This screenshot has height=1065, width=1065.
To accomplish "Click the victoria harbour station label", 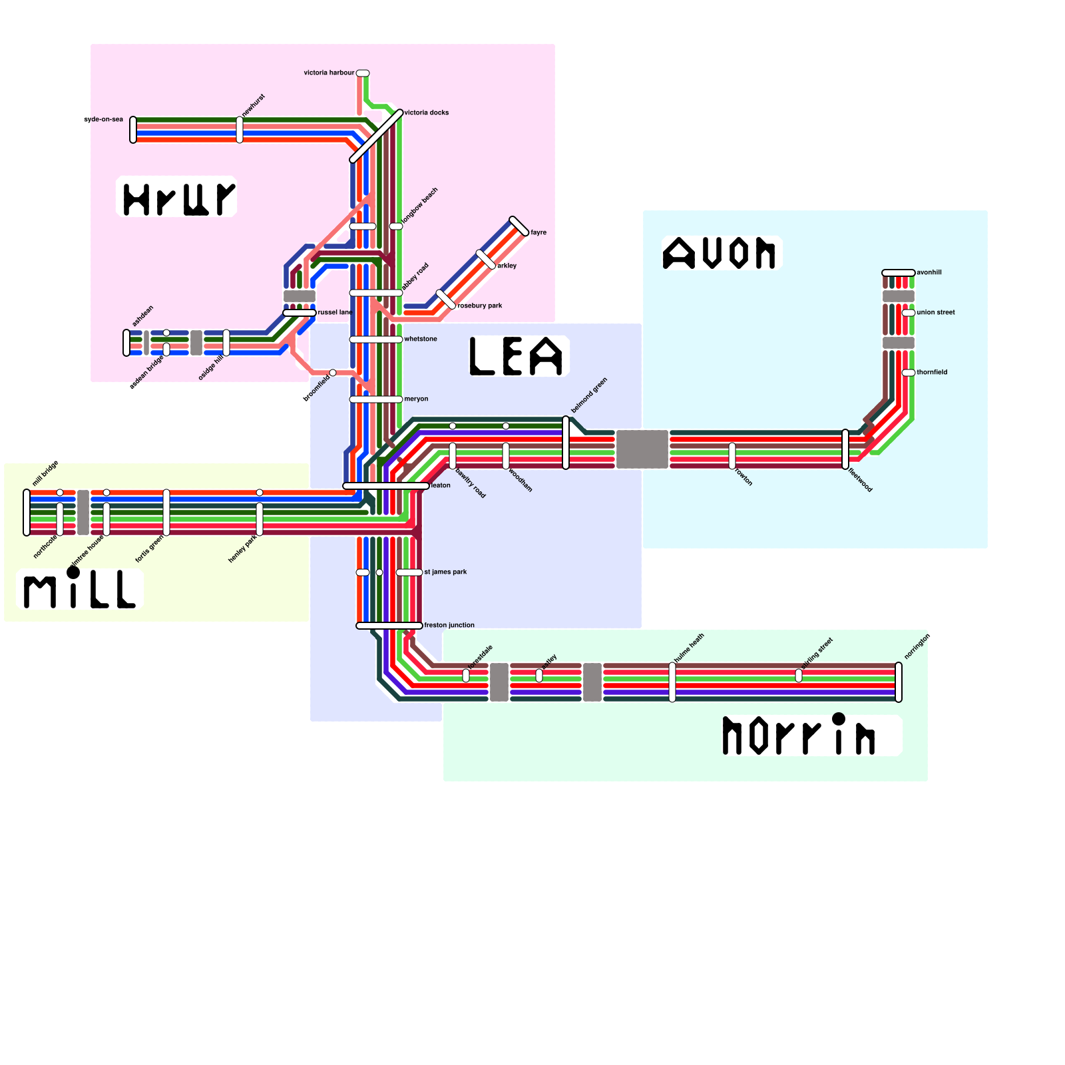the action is click(329, 73).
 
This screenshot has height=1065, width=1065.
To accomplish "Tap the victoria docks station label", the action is click(427, 112).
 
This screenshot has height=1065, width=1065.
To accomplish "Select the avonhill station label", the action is click(929, 272).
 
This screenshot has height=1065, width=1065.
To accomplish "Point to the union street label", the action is click(936, 312).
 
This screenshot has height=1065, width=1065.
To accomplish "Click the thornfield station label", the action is click(932, 372).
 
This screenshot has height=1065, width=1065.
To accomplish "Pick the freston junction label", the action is click(449, 625).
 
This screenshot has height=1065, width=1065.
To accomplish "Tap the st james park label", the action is click(445, 572).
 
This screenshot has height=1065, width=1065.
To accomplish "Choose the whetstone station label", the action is click(421, 339).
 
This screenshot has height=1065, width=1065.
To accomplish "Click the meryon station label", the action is click(416, 399).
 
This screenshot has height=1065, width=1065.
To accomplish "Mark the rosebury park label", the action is click(481, 306).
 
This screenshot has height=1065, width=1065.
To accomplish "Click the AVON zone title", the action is click(720, 253).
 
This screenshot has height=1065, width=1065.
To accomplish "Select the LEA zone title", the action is click(517, 356).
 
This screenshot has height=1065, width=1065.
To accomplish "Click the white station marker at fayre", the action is click(519, 226).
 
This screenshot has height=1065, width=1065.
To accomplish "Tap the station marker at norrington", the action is click(899, 682).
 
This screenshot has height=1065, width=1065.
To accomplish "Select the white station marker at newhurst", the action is click(240, 130).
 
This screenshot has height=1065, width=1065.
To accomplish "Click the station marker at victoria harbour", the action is click(363, 73).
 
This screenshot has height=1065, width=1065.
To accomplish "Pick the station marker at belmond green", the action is click(566, 443).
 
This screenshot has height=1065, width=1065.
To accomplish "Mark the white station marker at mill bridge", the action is click(27, 513).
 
